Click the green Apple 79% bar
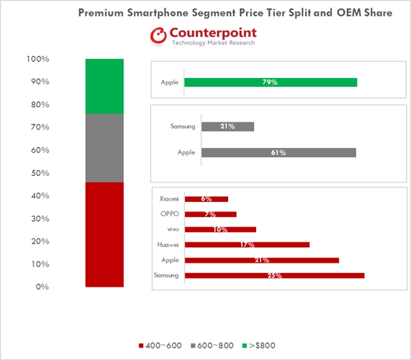pyautogui.click(x=271, y=82)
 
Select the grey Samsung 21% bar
pyautogui.click(x=227, y=127)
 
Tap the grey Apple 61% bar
pyautogui.click(x=279, y=153)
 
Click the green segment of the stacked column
pyautogui.click(x=104, y=86)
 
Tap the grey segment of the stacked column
pyautogui.click(x=104, y=148)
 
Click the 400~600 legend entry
pyautogui.click(x=160, y=346)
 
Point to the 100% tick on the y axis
pyautogui.click(x=38, y=60)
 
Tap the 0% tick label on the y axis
pyautogui.click(x=42, y=287)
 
